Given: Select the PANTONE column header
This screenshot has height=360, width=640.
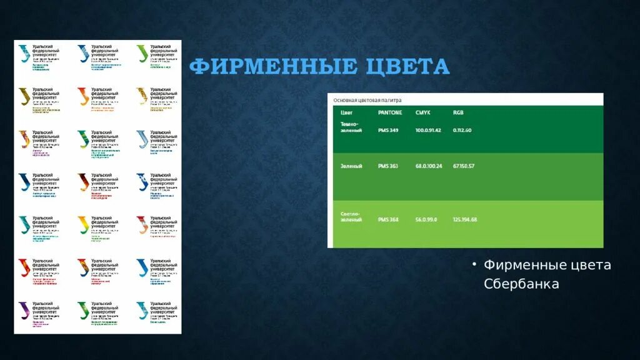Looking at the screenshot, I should pos(390,113).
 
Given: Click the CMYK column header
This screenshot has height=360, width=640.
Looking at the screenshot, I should pos(423,113).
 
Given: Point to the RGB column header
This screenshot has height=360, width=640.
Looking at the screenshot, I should pos(459,113).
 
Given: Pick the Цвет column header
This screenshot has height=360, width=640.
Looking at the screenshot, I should pos(346,113).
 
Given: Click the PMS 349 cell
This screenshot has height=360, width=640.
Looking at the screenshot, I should pos(388,130).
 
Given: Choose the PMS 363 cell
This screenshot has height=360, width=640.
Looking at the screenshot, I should pos(388,166).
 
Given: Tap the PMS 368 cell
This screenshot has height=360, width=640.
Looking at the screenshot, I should pos(388,219).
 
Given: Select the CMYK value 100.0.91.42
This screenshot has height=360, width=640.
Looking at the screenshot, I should pos(428,130).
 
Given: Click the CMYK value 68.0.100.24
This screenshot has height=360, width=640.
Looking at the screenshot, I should pos(428,166).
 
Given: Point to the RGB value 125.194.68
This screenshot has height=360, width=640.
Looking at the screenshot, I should pos(465,219).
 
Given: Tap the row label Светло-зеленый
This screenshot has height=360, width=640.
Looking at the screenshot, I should pos(351,217).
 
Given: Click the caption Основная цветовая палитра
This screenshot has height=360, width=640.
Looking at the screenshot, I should pos(367,100).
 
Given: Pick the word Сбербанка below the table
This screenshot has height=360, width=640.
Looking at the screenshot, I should pos(521,284).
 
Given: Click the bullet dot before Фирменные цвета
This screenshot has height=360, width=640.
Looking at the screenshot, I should pos(475,264).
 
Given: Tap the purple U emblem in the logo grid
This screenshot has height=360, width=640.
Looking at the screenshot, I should pos(24,309).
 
